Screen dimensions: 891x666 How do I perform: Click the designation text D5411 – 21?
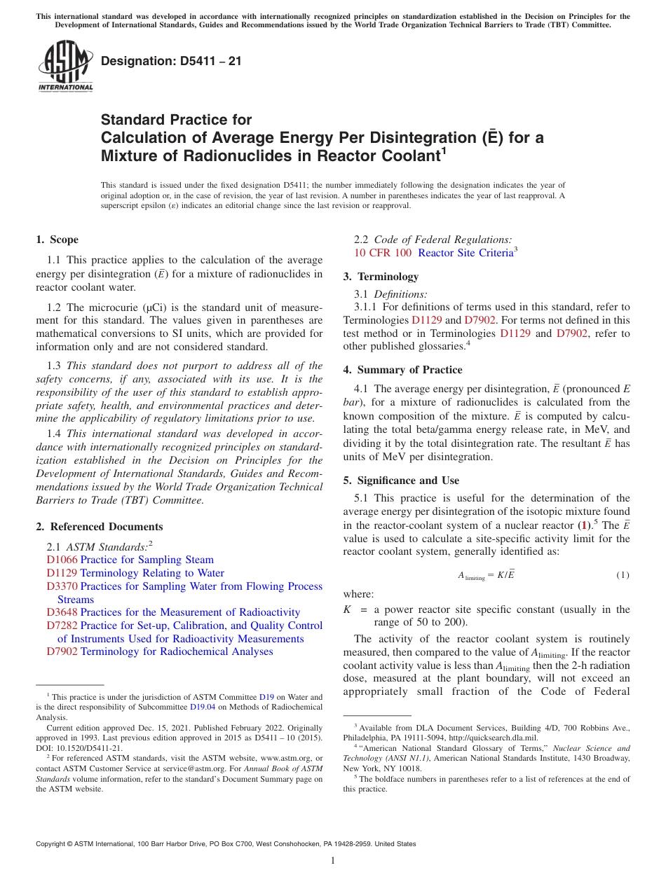click(171, 62)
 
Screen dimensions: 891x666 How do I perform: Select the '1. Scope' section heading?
click(57, 240)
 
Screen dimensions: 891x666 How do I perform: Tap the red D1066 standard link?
click(62, 560)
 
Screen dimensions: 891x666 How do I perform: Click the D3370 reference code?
click(62, 586)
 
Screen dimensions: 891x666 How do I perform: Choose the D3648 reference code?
click(62, 612)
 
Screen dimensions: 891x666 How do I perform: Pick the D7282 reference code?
click(62, 626)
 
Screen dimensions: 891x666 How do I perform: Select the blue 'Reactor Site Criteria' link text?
click(465, 253)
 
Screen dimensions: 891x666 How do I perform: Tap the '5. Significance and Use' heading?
click(408, 481)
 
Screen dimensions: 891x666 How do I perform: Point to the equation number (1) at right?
click(623, 575)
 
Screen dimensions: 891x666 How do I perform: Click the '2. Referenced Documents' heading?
click(99, 527)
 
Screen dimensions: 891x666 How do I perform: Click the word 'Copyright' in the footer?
click(53, 844)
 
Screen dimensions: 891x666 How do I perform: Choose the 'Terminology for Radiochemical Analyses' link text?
click(177, 651)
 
